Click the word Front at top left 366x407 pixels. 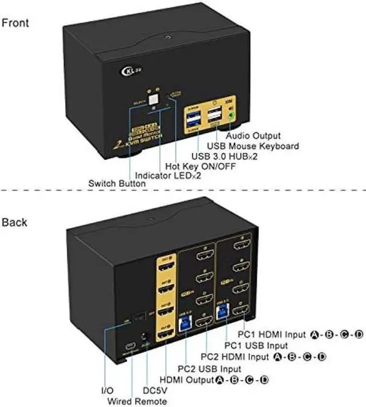pyautogui.click(x=15, y=23)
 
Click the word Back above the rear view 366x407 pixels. pyautogui.click(x=14, y=222)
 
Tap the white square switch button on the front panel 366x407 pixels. pyautogui.click(x=153, y=102)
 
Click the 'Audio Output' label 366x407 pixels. pyautogui.click(x=253, y=136)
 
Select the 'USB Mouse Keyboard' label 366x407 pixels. pyautogui.click(x=253, y=146)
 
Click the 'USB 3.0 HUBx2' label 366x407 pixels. pyautogui.click(x=224, y=156)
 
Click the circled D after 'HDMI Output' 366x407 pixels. pyautogui.click(x=264, y=380)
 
